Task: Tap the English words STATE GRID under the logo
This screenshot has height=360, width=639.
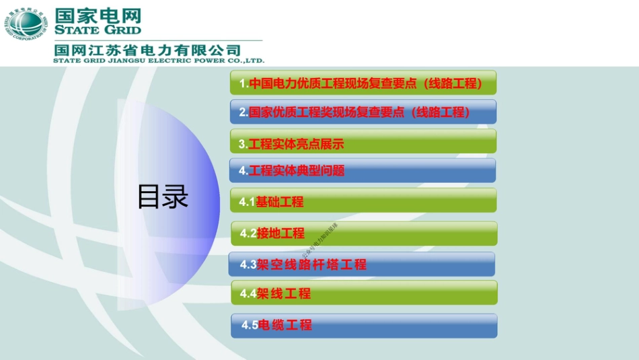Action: point(98,30)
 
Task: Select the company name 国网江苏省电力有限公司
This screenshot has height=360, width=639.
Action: point(147,50)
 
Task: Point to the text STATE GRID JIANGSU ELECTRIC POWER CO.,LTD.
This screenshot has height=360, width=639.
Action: point(159,60)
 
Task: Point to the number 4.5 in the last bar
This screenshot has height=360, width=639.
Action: point(250,325)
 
